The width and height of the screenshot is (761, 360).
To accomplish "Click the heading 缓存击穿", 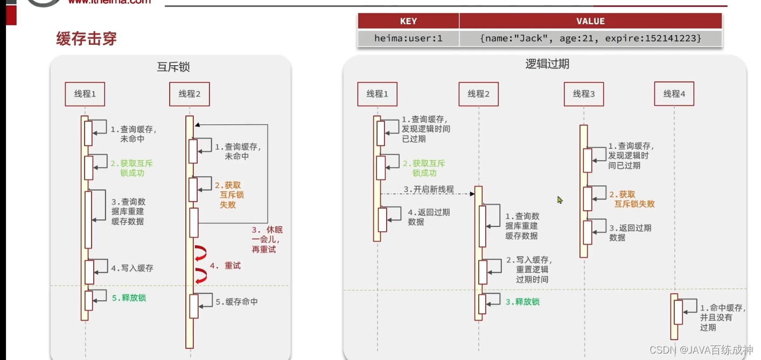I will [x=87, y=39].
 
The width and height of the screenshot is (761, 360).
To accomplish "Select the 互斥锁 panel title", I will [x=173, y=67].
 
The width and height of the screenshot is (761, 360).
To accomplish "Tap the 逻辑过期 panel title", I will [x=547, y=64].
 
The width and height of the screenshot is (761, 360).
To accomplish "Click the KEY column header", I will [x=408, y=21].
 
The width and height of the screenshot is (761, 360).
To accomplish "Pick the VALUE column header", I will [x=590, y=21].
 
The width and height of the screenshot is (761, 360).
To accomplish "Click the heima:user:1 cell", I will [x=408, y=38].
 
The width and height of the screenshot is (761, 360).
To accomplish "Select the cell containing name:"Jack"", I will [x=590, y=38].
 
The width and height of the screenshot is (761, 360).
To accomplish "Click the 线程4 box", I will [x=674, y=94].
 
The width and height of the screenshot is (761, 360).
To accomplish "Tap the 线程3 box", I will [x=584, y=94].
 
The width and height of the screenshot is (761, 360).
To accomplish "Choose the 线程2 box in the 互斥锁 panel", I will [x=189, y=94].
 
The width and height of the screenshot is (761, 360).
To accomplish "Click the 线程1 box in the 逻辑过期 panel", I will [x=377, y=94].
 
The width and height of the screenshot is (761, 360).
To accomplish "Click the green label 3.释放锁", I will [x=522, y=302].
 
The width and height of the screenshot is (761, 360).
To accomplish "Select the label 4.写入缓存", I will [x=132, y=268].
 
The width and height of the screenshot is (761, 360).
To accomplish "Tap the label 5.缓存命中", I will [x=236, y=302].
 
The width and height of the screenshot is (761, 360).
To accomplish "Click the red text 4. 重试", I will [x=225, y=266].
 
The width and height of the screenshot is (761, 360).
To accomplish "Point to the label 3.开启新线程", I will [x=429, y=190].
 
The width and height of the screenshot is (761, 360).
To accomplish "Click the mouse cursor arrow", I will [x=560, y=199].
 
